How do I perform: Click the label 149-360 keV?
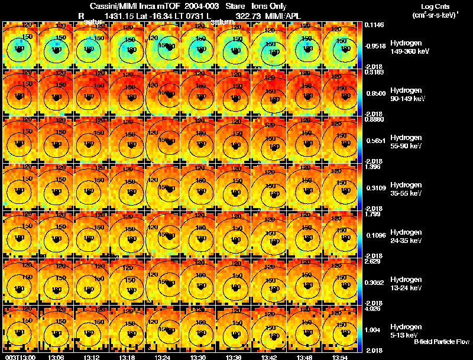click(x=409, y=51)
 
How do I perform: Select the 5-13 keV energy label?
click(x=404, y=335)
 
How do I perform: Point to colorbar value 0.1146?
click(x=374, y=25)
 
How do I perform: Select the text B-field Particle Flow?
click(x=442, y=342)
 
